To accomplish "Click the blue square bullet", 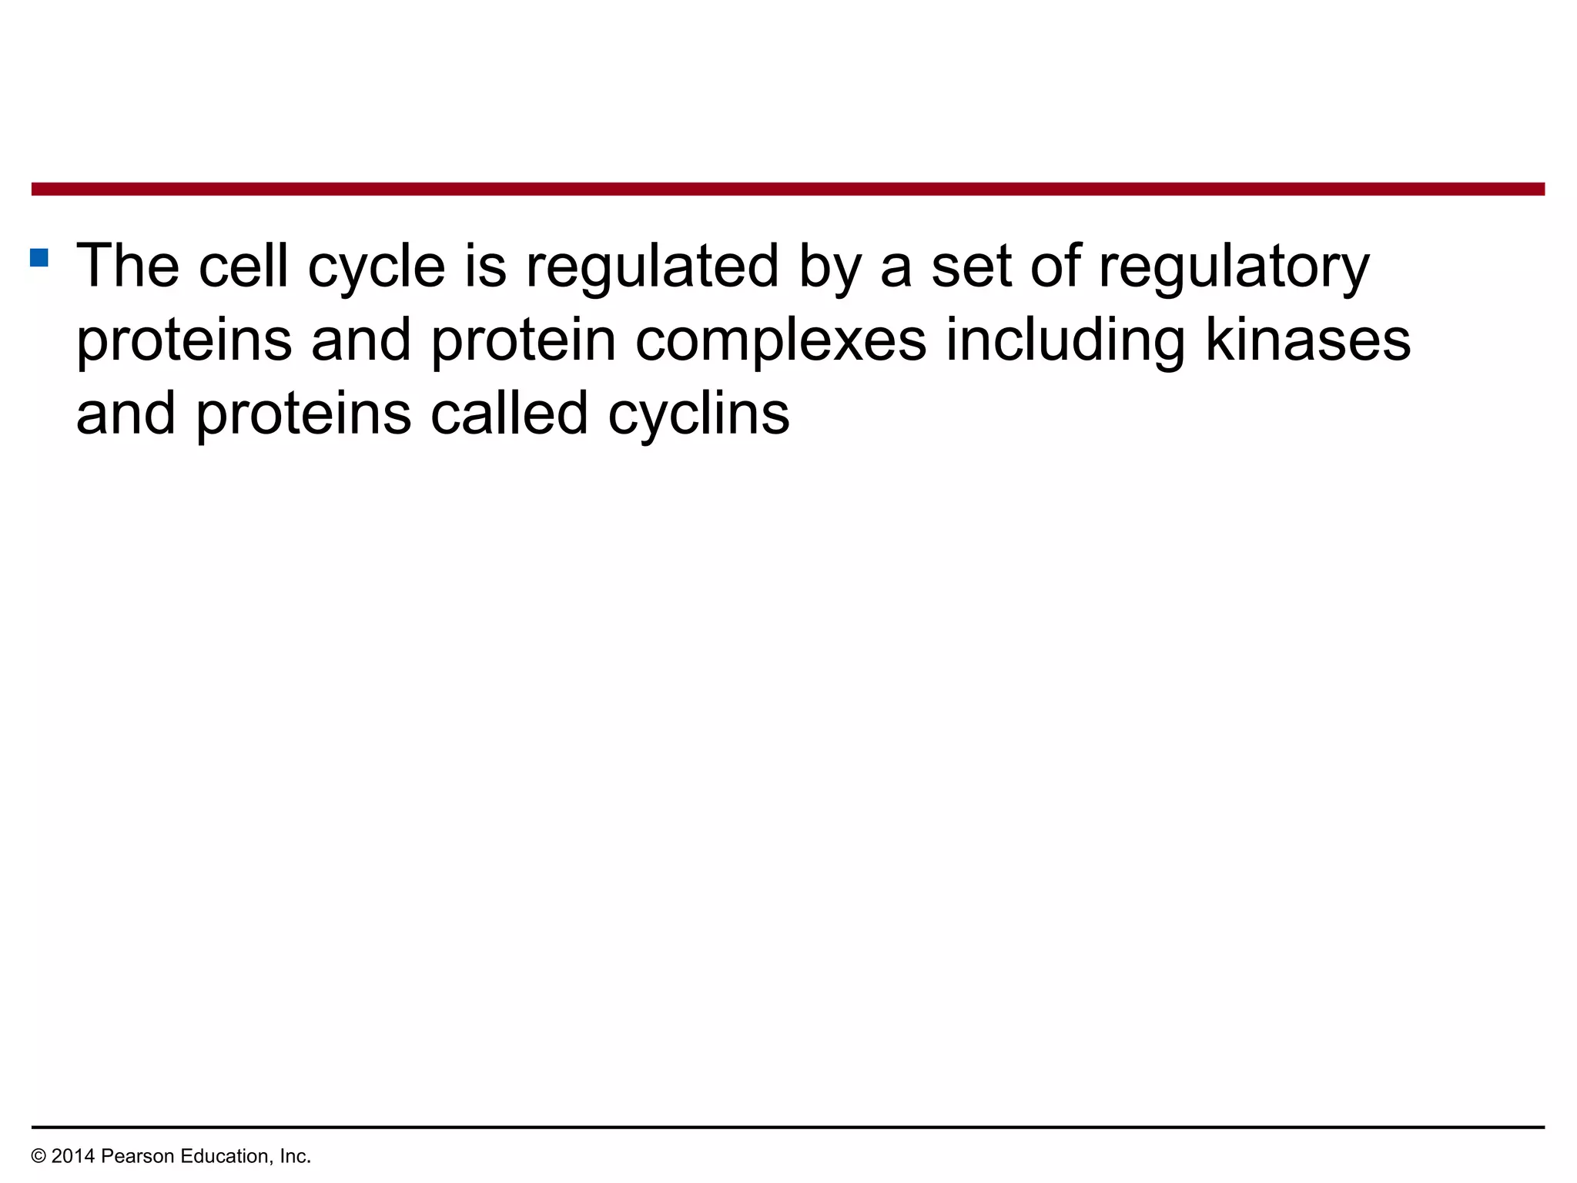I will (39, 257).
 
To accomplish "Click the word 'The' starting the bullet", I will (127, 266).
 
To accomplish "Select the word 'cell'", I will (243, 266).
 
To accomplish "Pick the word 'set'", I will (971, 266).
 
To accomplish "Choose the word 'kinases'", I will (1307, 340).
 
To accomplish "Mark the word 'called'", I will (510, 414).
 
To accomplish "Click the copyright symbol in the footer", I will (38, 1156).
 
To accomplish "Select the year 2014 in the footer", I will (73, 1156).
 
